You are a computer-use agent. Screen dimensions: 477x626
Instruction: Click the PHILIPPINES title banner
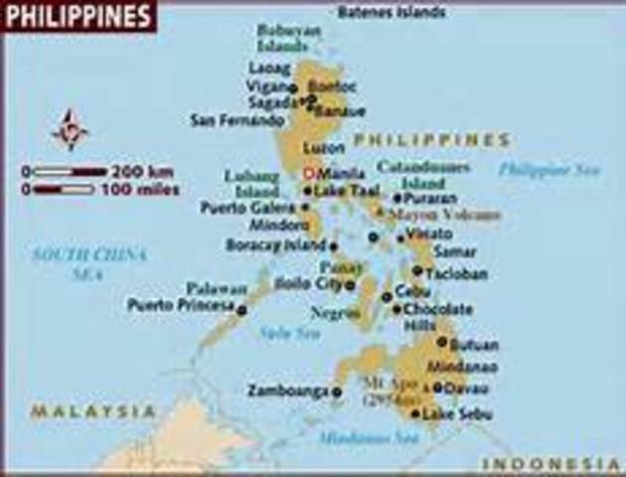point(78,16)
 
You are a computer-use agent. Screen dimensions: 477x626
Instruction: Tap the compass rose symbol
point(70,130)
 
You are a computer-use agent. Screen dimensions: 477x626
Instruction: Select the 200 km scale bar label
point(146,171)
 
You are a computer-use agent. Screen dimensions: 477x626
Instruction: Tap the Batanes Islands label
point(391,13)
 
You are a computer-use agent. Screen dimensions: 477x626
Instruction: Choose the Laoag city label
point(268,69)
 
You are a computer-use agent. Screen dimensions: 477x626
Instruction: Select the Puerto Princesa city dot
point(241,310)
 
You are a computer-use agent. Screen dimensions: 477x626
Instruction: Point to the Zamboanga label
point(287,391)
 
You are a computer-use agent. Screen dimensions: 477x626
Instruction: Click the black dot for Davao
point(438,387)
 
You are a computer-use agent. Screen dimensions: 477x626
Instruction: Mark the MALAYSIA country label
point(92,410)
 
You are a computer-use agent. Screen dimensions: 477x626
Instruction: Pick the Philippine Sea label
point(549,170)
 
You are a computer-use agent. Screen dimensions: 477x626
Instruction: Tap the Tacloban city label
point(455,273)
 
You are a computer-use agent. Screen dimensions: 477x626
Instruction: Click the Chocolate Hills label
point(437,317)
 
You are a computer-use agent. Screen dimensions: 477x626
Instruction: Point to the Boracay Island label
point(276,244)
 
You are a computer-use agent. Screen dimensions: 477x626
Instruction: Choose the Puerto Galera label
point(247,208)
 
